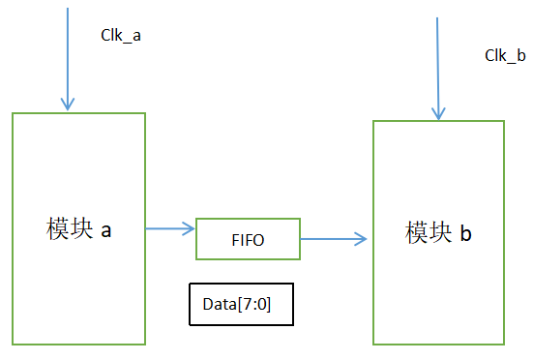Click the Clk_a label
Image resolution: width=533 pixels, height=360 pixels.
tap(122, 35)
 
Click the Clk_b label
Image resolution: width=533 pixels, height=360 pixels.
tap(504, 55)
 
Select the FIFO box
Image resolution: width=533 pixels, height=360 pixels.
tap(248, 238)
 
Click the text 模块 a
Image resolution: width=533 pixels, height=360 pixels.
tap(79, 229)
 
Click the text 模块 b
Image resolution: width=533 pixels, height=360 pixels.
tap(438, 233)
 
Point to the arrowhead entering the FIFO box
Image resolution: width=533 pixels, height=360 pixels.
tap(189, 228)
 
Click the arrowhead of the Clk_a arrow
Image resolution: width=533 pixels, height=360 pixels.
tap(67, 105)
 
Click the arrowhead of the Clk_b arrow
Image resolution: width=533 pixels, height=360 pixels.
tap(438, 113)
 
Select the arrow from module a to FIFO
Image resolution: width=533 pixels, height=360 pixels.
tap(169, 228)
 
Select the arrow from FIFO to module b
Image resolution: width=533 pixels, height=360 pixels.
tap(335, 238)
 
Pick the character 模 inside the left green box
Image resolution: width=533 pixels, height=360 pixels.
tap(57, 229)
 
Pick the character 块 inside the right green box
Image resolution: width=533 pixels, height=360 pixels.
tap(440, 233)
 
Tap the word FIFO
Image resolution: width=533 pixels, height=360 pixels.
tap(248, 238)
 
